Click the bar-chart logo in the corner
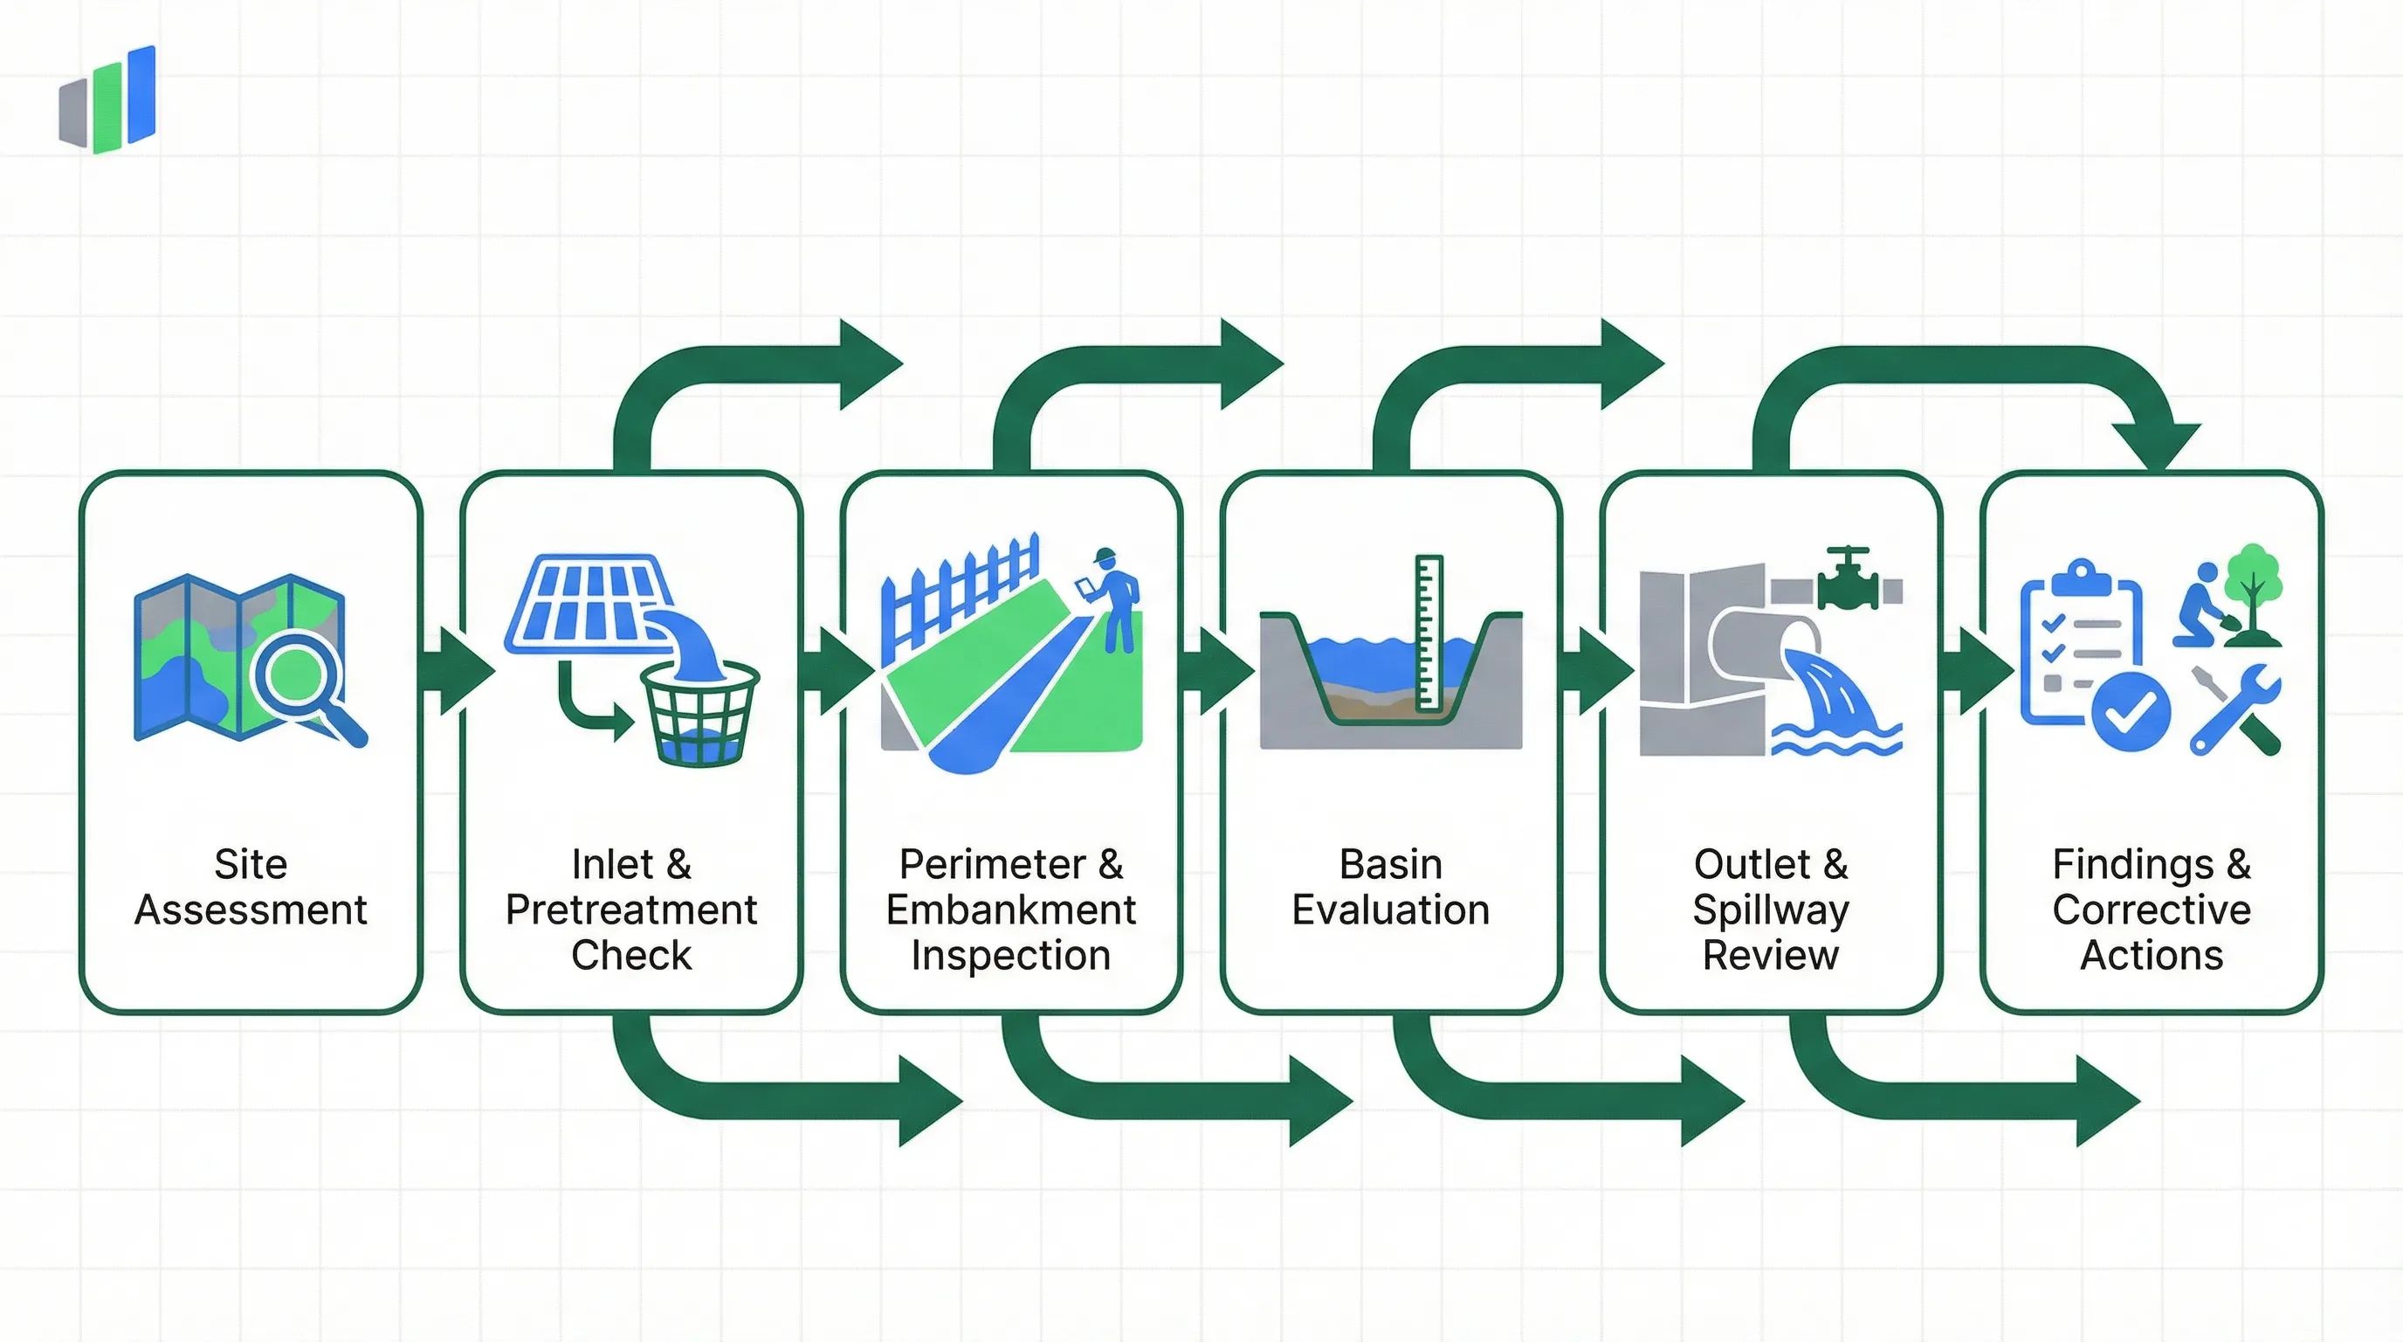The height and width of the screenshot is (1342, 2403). click(x=107, y=99)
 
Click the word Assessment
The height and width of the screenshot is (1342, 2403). click(x=250, y=910)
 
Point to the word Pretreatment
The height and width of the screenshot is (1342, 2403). click(x=630, y=910)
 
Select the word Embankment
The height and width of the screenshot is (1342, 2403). click(x=1010, y=910)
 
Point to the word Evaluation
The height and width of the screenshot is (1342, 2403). click(x=1390, y=910)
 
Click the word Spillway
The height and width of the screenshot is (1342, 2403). click(x=1770, y=910)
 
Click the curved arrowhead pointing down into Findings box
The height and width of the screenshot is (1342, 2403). click(x=2155, y=444)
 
